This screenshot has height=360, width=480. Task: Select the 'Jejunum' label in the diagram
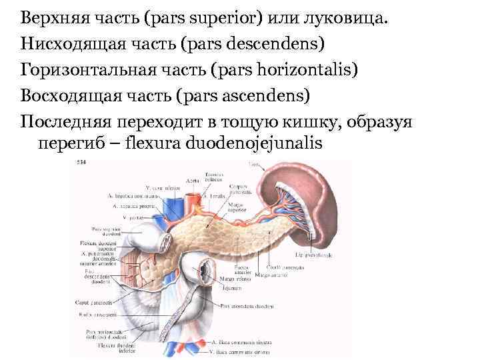(x=232, y=289)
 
